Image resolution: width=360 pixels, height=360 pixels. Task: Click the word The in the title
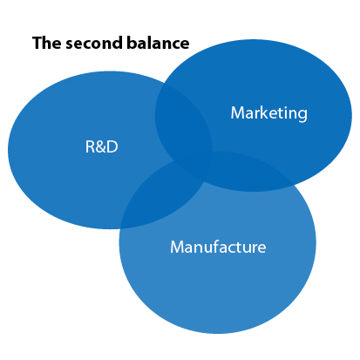click(x=47, y=43)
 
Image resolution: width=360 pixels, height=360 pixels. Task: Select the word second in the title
click(x=94, y=43)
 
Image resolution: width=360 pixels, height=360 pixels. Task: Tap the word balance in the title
click(x=158, y=43)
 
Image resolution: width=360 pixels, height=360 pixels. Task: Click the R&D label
click(x=101, y=146)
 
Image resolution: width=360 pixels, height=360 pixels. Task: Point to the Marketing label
click(x=268, y=113)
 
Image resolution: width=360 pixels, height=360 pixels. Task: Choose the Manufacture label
click(x=218, y=247)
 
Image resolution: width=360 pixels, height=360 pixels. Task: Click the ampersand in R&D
click(x=101, y=146)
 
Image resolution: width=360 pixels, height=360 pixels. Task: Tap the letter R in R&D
click(x=91, y=146)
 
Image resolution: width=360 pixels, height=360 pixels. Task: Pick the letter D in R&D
click(x=112, y=146)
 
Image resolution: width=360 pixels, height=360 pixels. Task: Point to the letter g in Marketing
click(x=302, y=115)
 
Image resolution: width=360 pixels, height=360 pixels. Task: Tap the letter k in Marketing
click(x=264, y=112)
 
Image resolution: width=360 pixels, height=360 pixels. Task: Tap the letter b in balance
click(x=132, y=43)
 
